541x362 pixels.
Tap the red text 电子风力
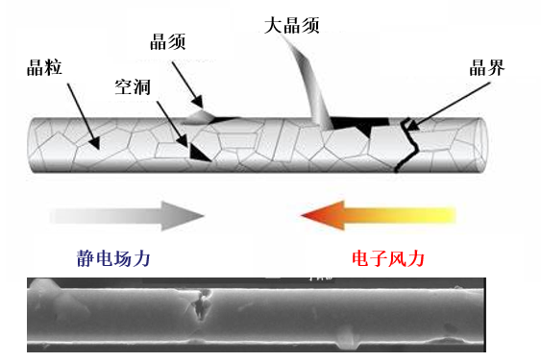click(x=384, y=258)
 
